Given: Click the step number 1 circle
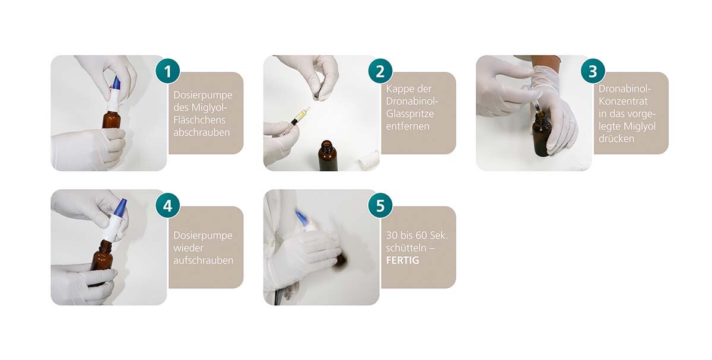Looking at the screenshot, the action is [x=167, y=71].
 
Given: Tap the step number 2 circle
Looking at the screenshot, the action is [x=380, y=71].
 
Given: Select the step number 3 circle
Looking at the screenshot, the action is [x=593, y=71].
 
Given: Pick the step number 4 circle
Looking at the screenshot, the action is [x=167, y=206].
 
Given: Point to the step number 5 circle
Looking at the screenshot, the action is [x=380, y=206].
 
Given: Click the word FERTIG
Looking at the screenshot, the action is [x=402, y=260].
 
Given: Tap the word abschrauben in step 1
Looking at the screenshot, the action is [x=202, y=132].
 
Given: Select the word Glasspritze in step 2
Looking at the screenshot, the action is [x=410, y=114].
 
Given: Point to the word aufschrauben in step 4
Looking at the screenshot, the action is [x=204, y=260].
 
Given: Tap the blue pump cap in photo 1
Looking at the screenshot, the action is [x=117, y=83].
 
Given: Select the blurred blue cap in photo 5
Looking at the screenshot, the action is [x=302, y=217].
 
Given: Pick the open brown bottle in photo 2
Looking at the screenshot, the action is [x=328, y=155].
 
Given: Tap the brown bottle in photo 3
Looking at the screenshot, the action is [x=542, y=135].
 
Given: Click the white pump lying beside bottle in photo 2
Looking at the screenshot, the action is [x=368, y=161].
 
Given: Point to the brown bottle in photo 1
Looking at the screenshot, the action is [x=112, y=119].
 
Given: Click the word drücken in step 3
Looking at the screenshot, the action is [x=616, y=139].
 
